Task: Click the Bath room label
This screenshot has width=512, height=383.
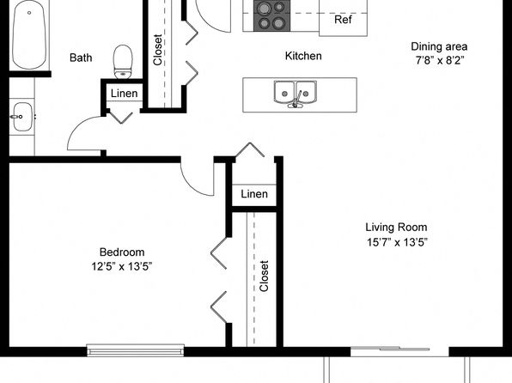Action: (81, 58)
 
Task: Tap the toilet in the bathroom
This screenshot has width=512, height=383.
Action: (123, 62)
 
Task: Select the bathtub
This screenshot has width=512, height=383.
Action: (29, 34)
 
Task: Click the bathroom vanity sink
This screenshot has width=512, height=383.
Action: (22, 117)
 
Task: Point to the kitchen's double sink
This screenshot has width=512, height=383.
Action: (296, 94)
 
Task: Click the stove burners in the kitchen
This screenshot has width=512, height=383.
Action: (271, 15)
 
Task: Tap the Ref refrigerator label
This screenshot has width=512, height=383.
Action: (343, 20)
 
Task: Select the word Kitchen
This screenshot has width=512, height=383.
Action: (303, 56)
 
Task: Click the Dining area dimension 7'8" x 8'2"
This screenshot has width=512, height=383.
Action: (440, 60)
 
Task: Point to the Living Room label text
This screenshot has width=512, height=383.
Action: (396, 228)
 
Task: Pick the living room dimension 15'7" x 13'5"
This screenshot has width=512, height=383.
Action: (397, 242)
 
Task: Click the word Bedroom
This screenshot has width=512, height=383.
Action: (122, 252)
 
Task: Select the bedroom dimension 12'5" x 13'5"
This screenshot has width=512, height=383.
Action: (122, 267)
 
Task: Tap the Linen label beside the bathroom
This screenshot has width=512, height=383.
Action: (124, 94)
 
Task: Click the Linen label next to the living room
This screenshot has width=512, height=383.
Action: (254, 194)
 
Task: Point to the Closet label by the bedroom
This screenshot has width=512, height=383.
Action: (264, 276)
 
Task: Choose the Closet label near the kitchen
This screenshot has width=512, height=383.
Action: (157, 50)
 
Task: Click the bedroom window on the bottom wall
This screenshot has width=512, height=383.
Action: (135, 350)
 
